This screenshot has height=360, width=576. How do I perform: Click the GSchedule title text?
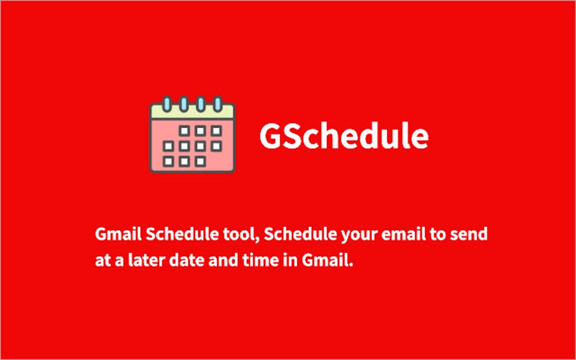tap(343, 137)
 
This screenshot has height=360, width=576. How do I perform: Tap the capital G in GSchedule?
tap(270, 137)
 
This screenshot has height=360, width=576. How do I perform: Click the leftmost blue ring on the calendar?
tap(167, 104)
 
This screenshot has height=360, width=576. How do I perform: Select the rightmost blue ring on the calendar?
tap(217, 104)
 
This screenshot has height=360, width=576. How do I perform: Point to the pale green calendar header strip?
tap(192, 112)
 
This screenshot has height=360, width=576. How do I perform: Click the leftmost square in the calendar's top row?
tap(184, 131)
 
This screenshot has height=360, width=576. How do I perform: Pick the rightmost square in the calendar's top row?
tap(216, 131)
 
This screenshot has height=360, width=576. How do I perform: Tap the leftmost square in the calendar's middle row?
tap(168, 146)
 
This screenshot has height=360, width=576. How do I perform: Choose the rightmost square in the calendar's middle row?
tap(216, 146)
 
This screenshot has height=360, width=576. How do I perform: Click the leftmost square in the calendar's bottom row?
tap(168, 161)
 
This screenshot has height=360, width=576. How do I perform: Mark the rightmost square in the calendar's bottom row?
tap(200, 161)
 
